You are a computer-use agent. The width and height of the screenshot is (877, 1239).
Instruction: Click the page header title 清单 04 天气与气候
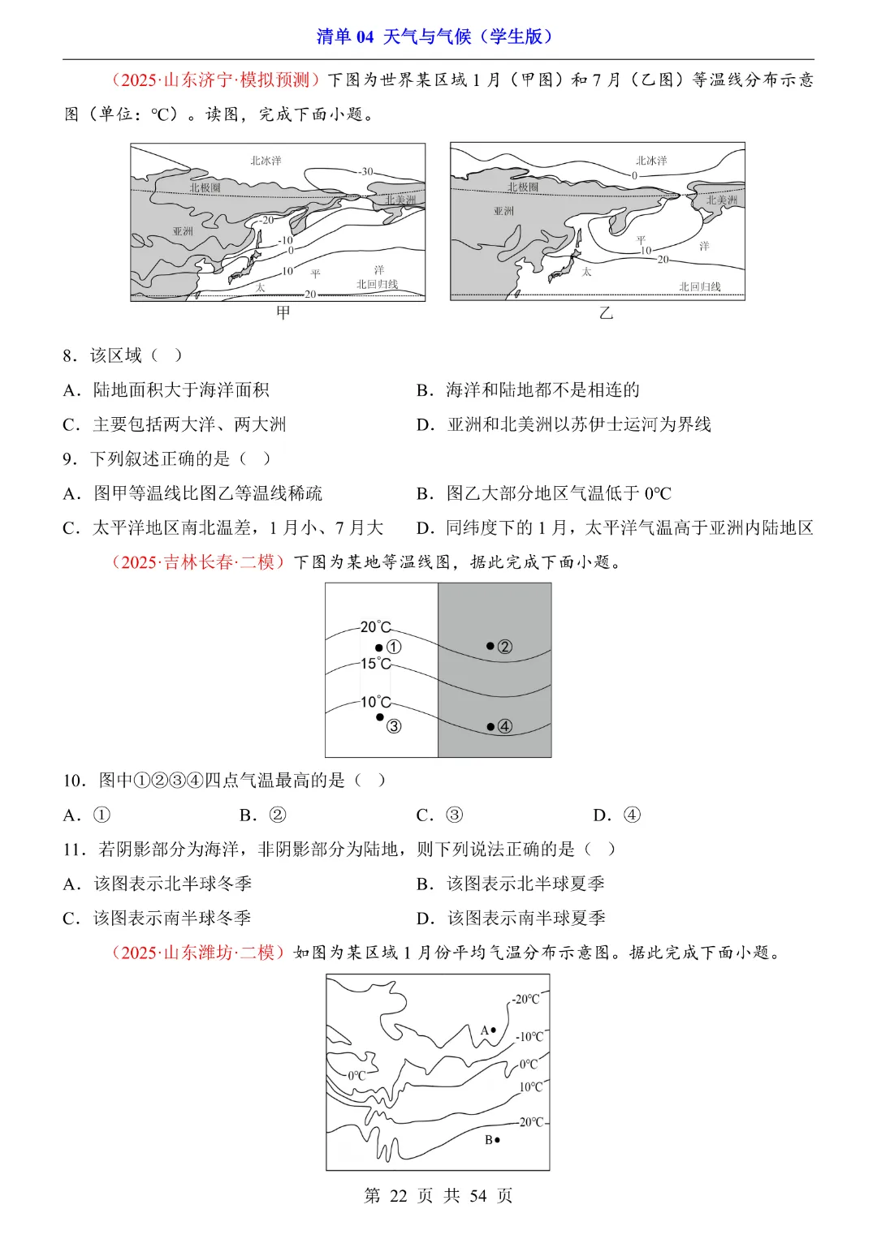click(435, 37)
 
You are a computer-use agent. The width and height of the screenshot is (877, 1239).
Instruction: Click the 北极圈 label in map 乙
click(523, 187)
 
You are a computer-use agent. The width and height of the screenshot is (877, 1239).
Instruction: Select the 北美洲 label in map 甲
click(400, 200)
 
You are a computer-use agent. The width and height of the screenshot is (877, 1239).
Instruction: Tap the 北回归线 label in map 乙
click(699, 286)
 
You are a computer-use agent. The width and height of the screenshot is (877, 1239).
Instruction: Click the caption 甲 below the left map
click(283, 312)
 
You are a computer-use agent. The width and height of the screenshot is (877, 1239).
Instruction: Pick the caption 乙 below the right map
click(606, 313)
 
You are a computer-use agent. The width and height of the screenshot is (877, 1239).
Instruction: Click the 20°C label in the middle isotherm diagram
click(375, 627)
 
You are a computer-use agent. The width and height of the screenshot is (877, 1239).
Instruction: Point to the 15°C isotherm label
click(375, 664)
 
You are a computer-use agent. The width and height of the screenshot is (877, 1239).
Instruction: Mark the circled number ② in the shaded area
click(504, 647)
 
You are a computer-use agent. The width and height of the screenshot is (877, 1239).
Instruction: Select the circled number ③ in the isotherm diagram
click(394, 726)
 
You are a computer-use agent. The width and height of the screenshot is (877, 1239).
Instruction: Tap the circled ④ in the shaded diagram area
click(504, 726)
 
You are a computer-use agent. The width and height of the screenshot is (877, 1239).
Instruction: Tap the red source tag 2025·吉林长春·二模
click(198, 562)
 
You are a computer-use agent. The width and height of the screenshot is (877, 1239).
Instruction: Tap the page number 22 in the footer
click(398, 1195)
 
